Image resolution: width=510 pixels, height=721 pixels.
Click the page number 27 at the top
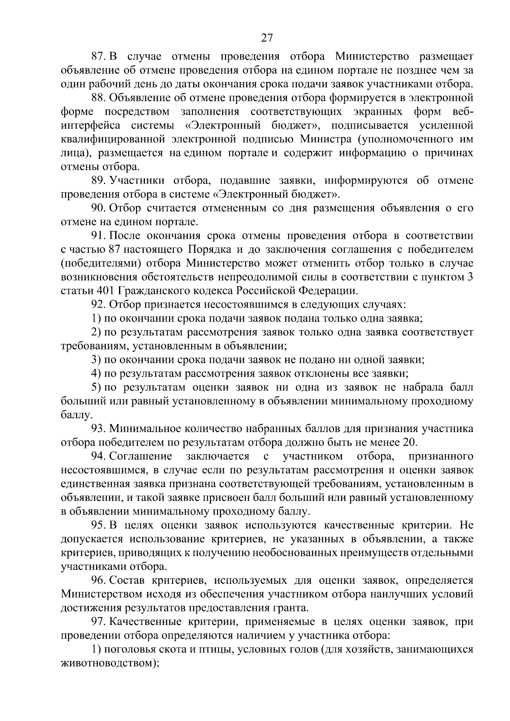coord(266,38)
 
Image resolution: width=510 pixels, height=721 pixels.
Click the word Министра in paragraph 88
coord(327,139)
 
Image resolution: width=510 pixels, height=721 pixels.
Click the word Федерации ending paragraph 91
coord(328,291)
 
